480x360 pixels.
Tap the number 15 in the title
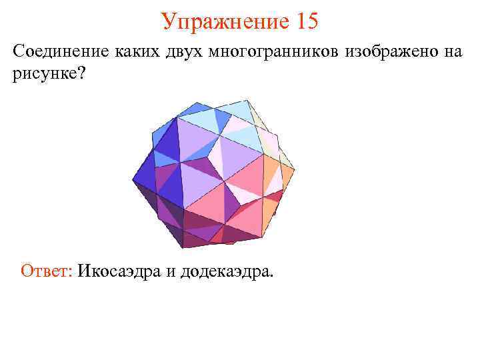coord(303,21)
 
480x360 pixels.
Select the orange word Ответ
coord(45,271)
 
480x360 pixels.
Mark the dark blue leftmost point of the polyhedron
coord(134,179)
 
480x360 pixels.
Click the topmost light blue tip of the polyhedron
coord(247,101)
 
